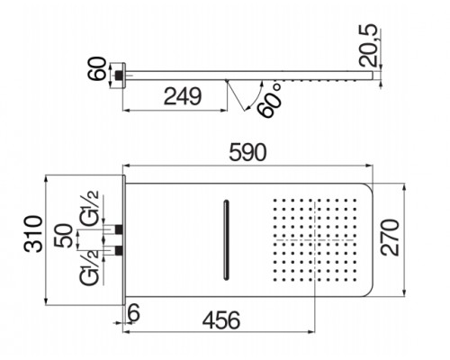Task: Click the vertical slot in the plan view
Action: coord(224,237)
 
